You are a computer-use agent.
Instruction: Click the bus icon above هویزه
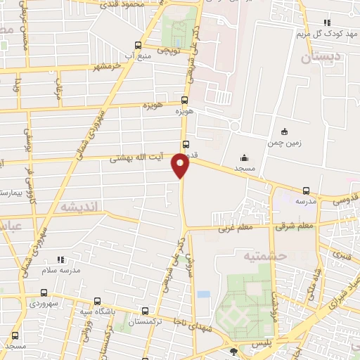[x=185, y=100]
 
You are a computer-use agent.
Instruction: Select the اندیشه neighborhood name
[x=82, y=207]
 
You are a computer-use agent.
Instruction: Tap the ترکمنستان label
[x=146, y=322]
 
